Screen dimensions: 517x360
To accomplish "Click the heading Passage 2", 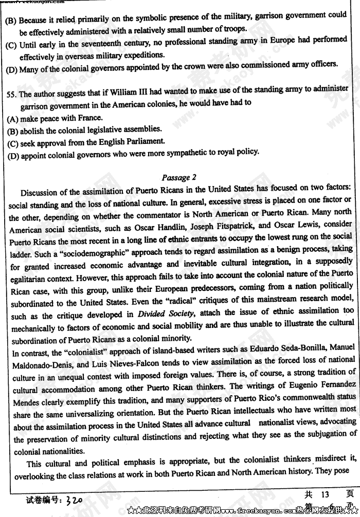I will (x=178, y=178).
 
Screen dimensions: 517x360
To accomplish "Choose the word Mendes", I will (x=25, y=402).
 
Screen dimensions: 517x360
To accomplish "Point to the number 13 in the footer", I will (x=325, y=495).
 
